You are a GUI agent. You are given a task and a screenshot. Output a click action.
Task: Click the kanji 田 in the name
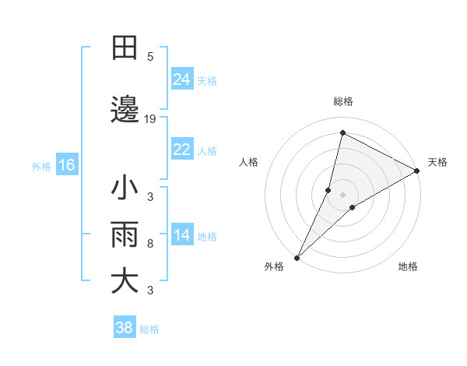pyautogui.click(x=125, y=48)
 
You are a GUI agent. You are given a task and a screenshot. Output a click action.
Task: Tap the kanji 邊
pyautogui.click(x=125, y=110)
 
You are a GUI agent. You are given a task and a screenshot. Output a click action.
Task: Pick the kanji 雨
pyautogui.click(x=125, y=234)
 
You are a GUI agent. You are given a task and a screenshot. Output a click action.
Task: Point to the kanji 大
pyautogui.click(x=125, y=281)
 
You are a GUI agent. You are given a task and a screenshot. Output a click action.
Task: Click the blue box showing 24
pyautogui.click(x=182, y=79)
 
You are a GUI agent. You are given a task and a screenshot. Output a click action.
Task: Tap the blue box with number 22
pyautogui.click(x=182, y=150)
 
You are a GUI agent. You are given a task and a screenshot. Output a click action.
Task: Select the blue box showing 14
pyautogui.click(x=182, y=235)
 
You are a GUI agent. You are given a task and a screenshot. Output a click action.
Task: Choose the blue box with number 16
pyautogui.click(x=66, y=165)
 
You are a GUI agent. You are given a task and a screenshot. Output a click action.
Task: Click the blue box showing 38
pyautogui.click(x=125, y=328)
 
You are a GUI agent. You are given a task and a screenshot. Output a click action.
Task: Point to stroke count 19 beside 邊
pyautogui.click(x=150, y=119)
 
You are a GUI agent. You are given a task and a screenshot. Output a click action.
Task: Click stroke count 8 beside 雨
pyautogui.click(x=150, y=244)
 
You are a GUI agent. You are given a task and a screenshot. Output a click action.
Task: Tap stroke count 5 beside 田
pyautogui.click(x=150, y=57)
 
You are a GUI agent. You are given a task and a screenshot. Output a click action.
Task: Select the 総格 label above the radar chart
pyautogui.click(x=342, y=101)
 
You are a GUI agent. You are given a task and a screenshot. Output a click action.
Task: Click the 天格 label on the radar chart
pyautogui.click(x=437, y=162)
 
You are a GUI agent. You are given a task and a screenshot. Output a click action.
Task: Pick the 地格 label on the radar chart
pyautogui.click(x=408, y=266)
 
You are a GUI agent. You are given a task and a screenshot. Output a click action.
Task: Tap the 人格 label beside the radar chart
pyautogui.click(x=248, y=162)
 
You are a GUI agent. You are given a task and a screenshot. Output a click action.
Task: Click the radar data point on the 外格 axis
pyautogui.click(x=297, y=257)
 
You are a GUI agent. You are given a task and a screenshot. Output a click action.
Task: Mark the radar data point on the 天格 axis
pyautogui.click(x=417, y=171)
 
